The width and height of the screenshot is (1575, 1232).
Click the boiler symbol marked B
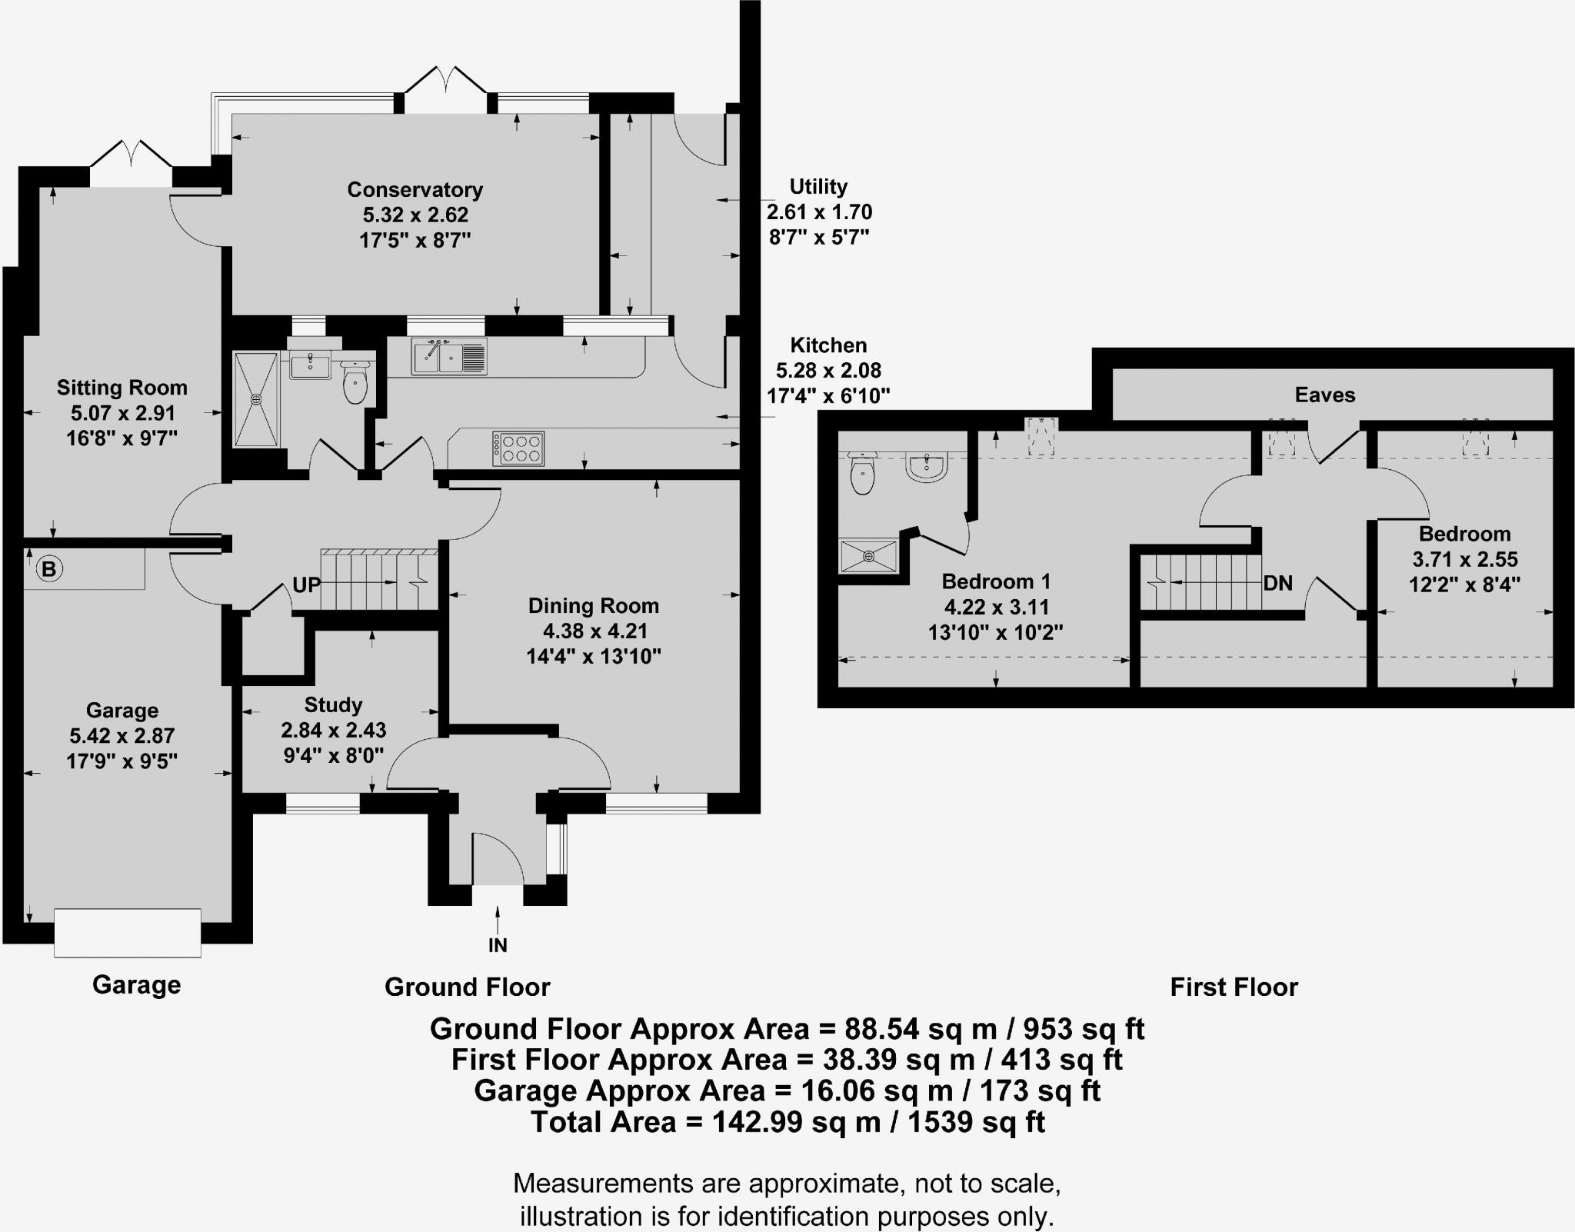[x=49, y=569]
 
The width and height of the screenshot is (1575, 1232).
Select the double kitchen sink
[x=449, y=357]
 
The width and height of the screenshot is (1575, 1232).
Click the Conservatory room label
[x=415, y=189]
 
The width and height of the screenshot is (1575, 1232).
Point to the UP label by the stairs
[x=306, y=585]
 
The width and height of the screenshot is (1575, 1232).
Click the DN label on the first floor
[x=1277, y=583]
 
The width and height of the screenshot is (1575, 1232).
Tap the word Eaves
[x=1324, y=395]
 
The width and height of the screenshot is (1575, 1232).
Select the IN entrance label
[x=498, y=945]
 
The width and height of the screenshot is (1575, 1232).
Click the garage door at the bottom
[x=128, y=933]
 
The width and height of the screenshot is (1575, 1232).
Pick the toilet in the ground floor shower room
[x=355, y=382]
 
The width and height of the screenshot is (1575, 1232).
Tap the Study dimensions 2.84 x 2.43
[x=333, y=730]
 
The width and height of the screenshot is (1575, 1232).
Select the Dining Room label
[x=593, y=606]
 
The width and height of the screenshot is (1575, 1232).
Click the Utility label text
[x=818, y=187]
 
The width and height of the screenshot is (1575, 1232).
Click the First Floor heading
[x=1234, y=987]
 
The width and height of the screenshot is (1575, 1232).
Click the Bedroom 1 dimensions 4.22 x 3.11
[x=996, y=607]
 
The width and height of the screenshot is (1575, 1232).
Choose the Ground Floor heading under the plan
[x=468, y=987]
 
